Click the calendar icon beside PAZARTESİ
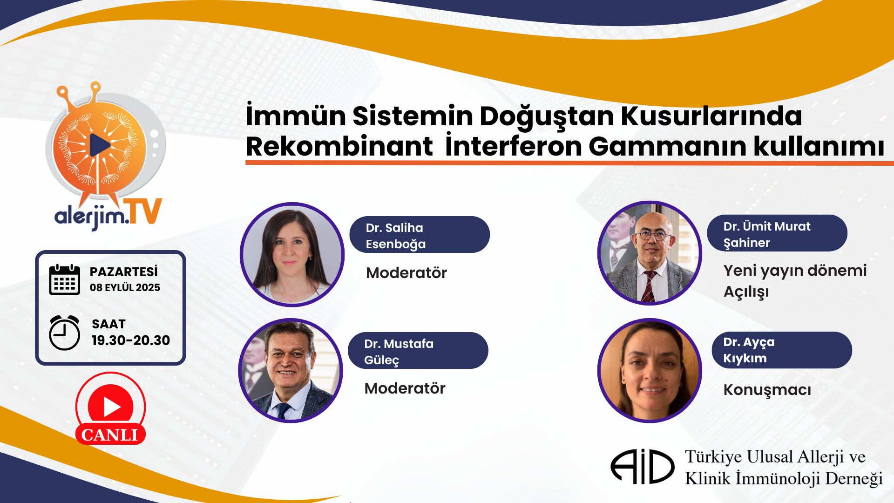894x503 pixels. point(64,279)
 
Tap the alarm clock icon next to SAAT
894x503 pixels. point(64,333)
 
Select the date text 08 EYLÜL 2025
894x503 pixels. point(125,287)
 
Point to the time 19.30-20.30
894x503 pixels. point(131,340)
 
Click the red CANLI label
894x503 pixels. point(110,435)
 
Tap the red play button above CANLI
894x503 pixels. point(111,407)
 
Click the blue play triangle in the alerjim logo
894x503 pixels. point(100,145)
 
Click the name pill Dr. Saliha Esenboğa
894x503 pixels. point(420,235)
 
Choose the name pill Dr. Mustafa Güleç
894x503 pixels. point(418,351)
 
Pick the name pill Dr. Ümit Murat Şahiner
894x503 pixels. point(777,233)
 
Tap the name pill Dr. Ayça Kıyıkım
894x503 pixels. point(782,350)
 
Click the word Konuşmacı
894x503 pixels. point(767,390)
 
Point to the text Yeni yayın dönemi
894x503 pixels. point(795,271)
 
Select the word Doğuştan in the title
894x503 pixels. point(547,117)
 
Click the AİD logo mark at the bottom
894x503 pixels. point(643,466)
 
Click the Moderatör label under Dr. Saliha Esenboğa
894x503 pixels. point(406,273)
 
